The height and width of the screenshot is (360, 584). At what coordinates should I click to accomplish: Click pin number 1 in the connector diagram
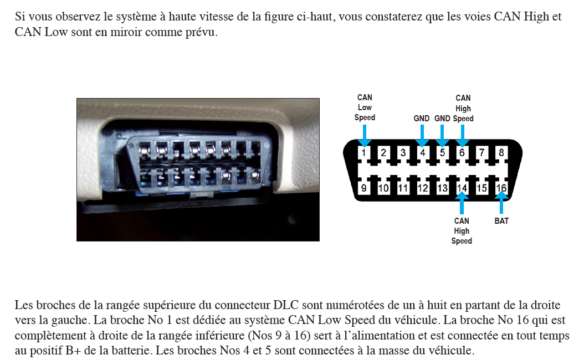[x=363, y=153]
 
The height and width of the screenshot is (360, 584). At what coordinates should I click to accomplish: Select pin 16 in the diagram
[x=501, y=188]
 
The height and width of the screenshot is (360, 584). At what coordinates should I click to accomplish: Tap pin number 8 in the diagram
[x=501, y=153]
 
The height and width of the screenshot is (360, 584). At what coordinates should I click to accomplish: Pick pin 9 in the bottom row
[x=363, y=188]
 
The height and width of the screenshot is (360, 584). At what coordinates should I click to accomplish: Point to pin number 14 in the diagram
[x=462, y=188]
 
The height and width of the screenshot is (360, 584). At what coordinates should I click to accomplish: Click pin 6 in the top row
[x=462, y=153]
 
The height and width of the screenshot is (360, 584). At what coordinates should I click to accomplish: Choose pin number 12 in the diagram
[x=422, y=188]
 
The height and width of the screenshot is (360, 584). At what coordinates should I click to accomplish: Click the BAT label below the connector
[x=501, y=221]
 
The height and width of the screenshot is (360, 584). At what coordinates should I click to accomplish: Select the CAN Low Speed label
[x=365, y=107]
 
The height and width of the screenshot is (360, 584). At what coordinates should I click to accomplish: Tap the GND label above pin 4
[x=421, y=119]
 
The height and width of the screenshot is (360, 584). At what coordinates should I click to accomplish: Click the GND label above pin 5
[x=442, y=119]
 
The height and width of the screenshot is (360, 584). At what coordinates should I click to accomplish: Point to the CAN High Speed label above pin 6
[x=463, y=108]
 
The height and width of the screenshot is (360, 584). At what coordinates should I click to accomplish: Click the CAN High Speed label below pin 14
[x=462, y=231]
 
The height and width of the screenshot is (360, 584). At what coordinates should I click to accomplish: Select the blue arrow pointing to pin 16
[x=501, y=203]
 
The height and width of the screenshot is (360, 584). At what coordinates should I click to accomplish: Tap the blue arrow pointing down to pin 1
[x=364, y=136]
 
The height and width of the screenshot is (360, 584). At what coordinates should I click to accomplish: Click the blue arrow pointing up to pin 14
[x=462, y=203]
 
